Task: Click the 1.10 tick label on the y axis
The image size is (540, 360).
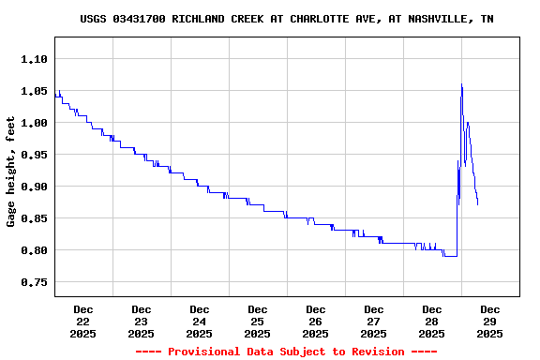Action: tap(34, 59)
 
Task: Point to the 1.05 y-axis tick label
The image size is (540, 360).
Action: tap(34, 91)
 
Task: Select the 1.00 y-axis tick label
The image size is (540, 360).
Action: tap(34, 123)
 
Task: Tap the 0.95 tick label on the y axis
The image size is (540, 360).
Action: tap(34, 155)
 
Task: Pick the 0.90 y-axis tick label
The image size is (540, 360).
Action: tap(34, 187)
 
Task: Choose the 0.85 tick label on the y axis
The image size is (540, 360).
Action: tap(34, 218)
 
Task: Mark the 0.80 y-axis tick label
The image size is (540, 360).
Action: tap(34, 250)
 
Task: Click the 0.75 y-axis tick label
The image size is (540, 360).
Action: tap(34, 282)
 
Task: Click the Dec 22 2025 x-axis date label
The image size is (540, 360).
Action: tap(83, 321)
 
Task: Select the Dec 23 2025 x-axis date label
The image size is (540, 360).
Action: tap(142, 321)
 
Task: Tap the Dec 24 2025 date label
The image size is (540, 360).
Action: tap(200, 321)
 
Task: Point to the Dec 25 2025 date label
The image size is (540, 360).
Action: tap(258, 321)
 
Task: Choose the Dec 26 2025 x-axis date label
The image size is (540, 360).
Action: tap(316, 321)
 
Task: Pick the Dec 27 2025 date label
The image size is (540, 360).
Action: tap(374, 321)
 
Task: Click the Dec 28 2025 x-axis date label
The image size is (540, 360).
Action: tap(432, 321)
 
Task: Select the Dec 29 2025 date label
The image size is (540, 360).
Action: tap(490, 321)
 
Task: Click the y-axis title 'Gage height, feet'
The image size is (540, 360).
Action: tap(11, 172)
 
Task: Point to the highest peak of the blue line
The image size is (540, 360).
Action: tap(461, 84)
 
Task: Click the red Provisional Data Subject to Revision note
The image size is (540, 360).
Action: tap(286, 352)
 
